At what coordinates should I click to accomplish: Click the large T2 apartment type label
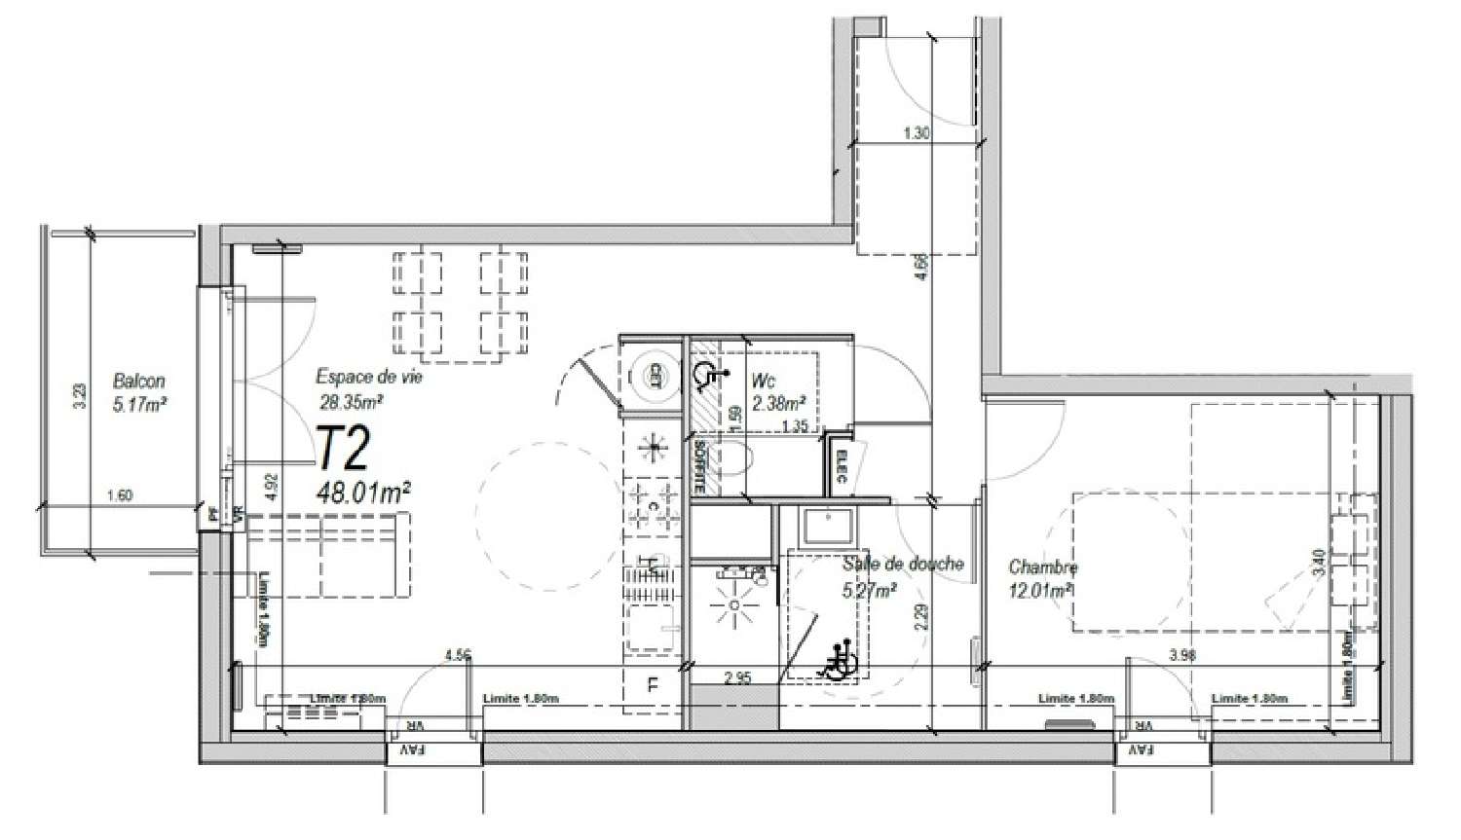tap(345, 450)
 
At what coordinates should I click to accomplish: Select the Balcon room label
tap(138, 382)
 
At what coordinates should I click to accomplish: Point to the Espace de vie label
tap(369, 377)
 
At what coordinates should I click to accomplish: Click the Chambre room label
tap(1043, 566)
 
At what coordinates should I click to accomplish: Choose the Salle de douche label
tap(903, 564)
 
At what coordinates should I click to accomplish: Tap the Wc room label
tap(764, 381)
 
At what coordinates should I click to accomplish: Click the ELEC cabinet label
tap(840, 465)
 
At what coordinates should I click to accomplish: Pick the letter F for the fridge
tap(654, 684)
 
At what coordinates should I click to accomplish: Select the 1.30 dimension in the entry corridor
tap(916, 134)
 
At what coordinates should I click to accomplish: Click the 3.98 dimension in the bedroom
tap(1183, 656)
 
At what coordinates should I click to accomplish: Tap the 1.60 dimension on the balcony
tap(118, 495)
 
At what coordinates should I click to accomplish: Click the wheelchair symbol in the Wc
tap(707, 374)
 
